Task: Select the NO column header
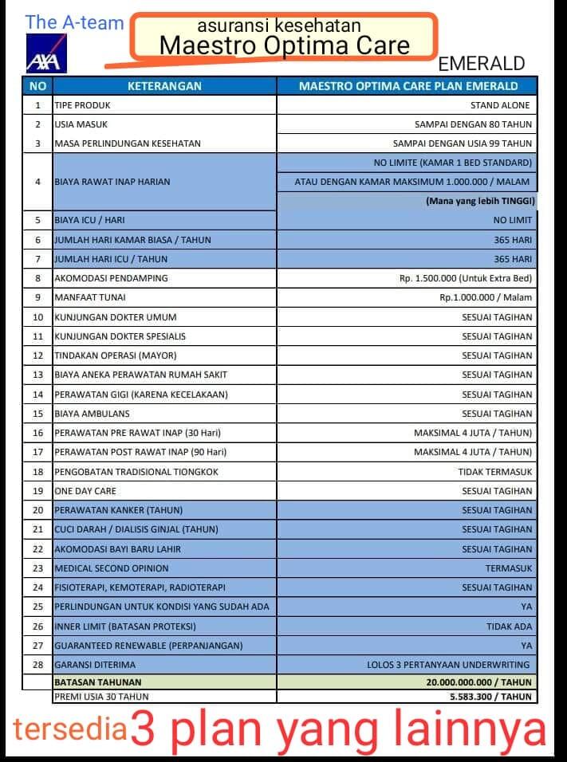coord(37,86)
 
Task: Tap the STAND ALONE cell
coord(500,105)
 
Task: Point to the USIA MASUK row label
coord(81,124)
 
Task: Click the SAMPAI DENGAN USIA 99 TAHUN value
coord(463,143)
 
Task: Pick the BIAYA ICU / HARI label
coord(89,220)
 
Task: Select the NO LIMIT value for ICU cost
coord(513,220)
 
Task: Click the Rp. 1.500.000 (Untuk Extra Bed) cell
coord(466,278)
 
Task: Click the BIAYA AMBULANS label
coord(92,414)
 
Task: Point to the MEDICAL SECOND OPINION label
coord(112,568)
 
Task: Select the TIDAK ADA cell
coord(509,626)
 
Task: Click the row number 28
coord(37,665)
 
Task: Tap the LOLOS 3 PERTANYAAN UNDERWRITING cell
coord(448,665)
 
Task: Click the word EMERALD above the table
coord(482,64)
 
